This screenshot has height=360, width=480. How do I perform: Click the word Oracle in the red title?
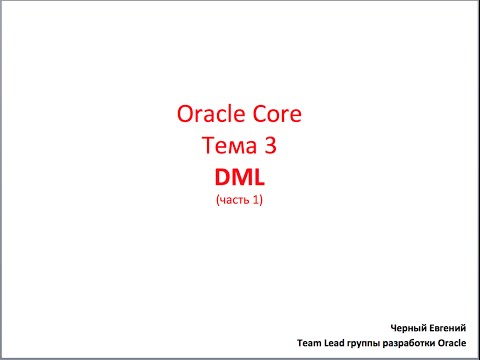(x=206, y=115)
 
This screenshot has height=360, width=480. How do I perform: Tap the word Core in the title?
(x=273, y=115)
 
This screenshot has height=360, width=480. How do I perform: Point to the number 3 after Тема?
(x=268, y=146)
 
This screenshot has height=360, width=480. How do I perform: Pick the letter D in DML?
(x=222, y=178)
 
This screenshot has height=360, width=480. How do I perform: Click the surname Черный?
(x=413, y=327)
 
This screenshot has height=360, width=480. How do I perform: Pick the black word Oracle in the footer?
(x=455, y=343)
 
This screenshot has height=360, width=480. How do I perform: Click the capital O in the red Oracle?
(x=183, y=115)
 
